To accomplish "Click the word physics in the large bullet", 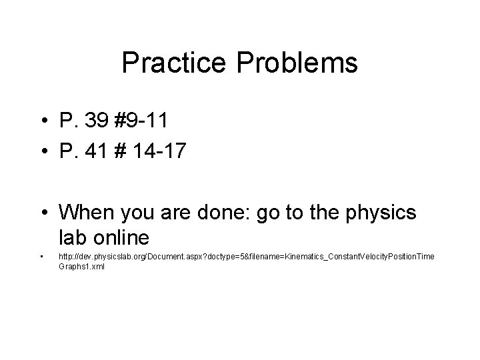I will coord(378,213).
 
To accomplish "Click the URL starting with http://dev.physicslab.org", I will coord(246,257).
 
